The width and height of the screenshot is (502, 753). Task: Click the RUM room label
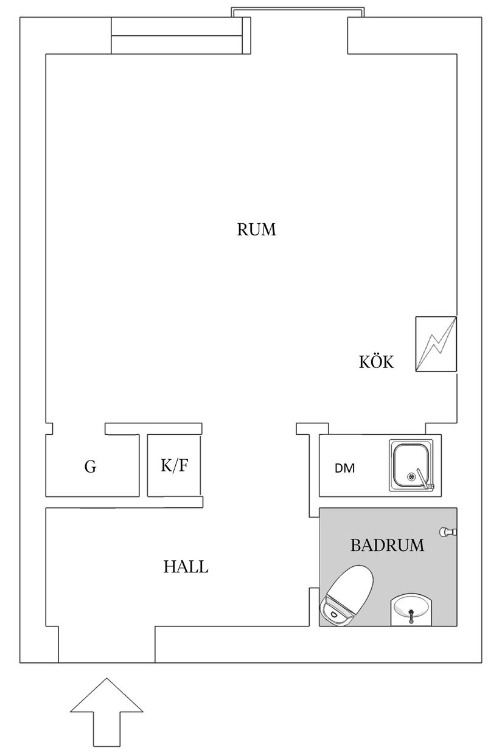coord(257,229)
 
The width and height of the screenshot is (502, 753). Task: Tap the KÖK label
coord(376,361)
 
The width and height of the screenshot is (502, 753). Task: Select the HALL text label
coord(186,567)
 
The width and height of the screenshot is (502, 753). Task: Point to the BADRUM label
coord(388,545)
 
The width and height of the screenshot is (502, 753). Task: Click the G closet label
coord(91,467)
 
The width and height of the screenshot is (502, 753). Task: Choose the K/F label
coord(174,465)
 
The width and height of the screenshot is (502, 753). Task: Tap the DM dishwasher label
coord(344,468)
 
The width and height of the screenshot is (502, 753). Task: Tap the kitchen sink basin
coord(411,465)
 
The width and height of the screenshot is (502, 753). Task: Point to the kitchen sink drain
coord(411,476)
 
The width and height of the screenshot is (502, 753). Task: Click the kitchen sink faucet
coord(424,479)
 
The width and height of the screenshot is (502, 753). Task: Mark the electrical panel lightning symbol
coord(436,344)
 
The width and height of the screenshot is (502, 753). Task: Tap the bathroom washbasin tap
coord(411,616)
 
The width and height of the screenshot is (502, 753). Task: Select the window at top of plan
coord(298,12)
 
